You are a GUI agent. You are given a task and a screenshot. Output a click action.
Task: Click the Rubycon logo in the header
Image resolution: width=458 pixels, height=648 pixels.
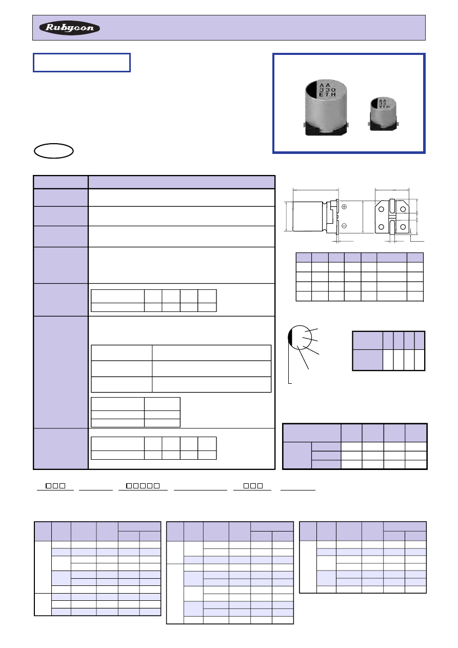pyautogui.click(x=69, y=28)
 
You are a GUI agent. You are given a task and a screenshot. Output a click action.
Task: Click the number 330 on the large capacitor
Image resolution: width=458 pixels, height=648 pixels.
pyautogui.click(x=327, y=90)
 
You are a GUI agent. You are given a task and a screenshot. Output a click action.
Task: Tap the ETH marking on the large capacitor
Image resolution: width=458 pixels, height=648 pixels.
pyautogui.click(x=327, y=94)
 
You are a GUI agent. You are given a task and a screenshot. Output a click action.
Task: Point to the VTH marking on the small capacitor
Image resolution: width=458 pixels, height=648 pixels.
pyautogui.click(x=385, y=107)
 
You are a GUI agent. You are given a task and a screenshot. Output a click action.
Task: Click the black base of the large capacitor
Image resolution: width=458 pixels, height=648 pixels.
pyautogui.click(x=326, y=129)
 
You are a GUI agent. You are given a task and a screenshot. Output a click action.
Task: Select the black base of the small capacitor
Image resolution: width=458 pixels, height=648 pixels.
pyautogui.click(x=383, y=125)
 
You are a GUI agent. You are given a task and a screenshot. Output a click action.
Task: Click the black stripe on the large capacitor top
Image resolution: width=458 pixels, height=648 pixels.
pyautogui.click(x=312, y=90)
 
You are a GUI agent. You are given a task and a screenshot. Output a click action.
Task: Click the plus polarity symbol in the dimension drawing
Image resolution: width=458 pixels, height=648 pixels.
pyautogui.click(x=344, y=207)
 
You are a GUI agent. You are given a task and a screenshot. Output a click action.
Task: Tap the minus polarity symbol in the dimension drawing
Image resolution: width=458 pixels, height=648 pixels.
pyautogui.click(x=344, y=226)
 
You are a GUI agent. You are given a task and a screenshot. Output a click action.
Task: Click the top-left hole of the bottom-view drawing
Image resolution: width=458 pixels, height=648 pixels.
pyautogui.click(x=381, y=209)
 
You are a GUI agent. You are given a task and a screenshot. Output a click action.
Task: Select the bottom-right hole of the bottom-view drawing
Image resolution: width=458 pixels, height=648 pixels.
pyautogui.click(x=403, y=227)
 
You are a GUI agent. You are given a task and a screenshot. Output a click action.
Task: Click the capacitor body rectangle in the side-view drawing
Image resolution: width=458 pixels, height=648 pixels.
pyautogui.click(x=308, y=217)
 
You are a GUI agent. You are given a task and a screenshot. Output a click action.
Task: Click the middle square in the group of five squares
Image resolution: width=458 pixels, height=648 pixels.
pyautogui.click(x=143, y=486)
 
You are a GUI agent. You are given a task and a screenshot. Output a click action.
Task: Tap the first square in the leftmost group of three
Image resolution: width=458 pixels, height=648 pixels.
pyautogui.click(x=48, y=486)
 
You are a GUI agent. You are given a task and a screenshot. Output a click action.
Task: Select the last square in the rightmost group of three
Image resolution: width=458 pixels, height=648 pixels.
pyautogui.click(x=260, y=486)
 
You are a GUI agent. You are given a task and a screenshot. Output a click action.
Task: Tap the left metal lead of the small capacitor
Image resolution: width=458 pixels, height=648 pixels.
pyautogui.click(x=369, y=124)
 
